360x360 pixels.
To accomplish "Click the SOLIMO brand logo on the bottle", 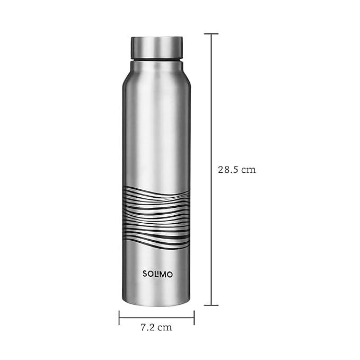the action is [157, 274].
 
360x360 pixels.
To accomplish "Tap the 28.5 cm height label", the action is [236, 170].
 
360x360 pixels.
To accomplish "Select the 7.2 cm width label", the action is [156, 327].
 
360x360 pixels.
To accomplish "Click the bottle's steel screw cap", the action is [157, 48].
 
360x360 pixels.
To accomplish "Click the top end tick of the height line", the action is [211, 34].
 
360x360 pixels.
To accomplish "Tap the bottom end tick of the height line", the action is [211, 305].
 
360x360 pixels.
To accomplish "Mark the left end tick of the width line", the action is [119, 318].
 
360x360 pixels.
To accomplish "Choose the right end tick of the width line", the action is [194, 318].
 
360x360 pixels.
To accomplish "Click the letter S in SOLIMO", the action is [145, 274].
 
